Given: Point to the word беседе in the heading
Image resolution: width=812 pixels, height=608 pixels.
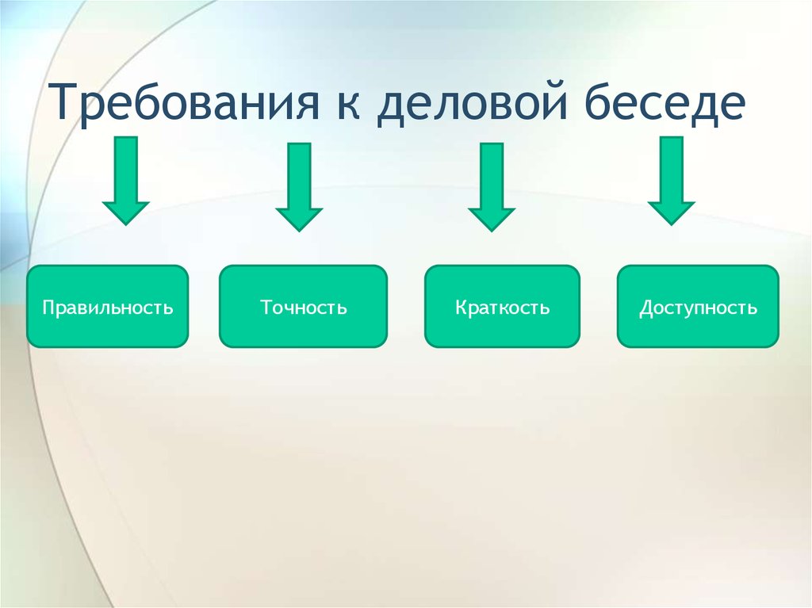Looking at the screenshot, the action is [665, 102].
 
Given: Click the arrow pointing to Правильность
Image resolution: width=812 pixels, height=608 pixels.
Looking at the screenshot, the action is [126, 181].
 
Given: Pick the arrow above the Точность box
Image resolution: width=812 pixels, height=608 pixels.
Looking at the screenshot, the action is [299, 187].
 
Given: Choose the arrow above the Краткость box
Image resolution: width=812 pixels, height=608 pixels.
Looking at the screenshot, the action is [492, 187].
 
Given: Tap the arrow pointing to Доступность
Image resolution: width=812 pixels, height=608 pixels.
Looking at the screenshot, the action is [671, 181].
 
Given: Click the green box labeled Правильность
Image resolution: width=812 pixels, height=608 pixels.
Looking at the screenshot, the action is [108, 306].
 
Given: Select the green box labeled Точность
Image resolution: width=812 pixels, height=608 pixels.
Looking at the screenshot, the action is [304, 306].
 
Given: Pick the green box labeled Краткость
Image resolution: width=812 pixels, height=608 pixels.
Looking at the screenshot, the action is [502, 306].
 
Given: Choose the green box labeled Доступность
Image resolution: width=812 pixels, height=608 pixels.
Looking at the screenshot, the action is [698, 306].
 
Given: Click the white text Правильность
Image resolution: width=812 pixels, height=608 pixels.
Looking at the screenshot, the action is [108, 308].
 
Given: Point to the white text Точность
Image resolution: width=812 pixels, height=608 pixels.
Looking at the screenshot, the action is [304, 307].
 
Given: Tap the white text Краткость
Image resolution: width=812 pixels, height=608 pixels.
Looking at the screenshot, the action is [502, 308].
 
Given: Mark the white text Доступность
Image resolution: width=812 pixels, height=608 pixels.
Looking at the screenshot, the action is [698, 308].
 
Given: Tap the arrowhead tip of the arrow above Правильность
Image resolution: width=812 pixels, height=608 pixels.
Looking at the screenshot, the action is [126, 225].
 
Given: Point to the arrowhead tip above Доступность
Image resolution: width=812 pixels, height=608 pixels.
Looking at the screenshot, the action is [671, 225].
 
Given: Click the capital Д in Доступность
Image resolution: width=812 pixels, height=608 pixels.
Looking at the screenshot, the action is [647, 308].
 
